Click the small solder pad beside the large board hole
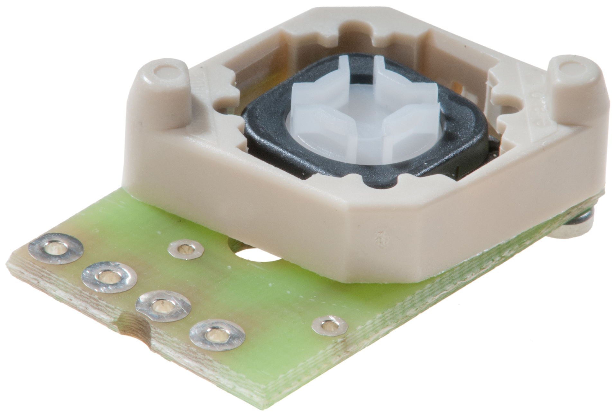186,249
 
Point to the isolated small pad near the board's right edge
329,326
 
